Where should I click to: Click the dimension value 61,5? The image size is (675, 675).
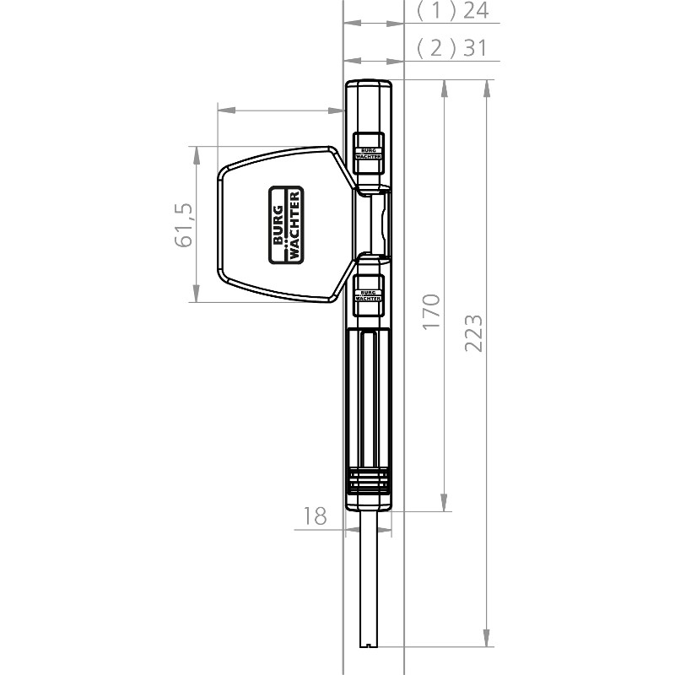tap(184, 224)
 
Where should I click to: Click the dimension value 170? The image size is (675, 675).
tap(431, 312)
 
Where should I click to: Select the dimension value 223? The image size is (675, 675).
tap(473, 333)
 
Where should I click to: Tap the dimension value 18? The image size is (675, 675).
tap(315, 516)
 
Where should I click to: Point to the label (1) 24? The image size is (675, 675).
tap(452, 10)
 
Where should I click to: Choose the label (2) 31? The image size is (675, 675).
tap(452, 47)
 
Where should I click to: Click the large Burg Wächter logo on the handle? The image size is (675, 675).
tap(286, 224)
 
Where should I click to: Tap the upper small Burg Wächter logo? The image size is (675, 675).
tap(368, 154)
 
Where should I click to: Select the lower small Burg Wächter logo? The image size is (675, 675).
tap(368, 295)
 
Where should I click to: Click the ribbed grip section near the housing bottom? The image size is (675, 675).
tap(369, 480)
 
